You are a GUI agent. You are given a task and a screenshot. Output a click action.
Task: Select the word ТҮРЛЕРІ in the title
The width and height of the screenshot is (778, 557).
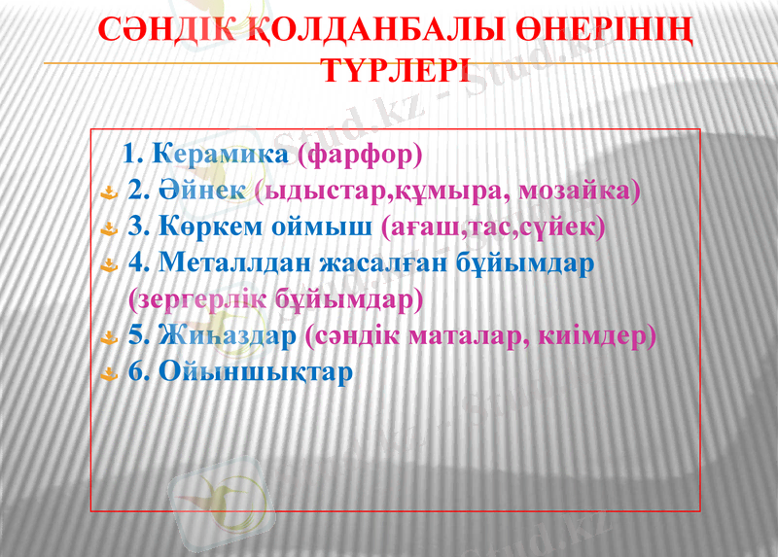click(395, 71)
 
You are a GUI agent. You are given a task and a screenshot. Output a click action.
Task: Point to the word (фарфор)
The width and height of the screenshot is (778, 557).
click(361, 154)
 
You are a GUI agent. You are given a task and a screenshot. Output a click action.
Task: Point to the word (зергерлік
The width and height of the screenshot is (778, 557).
click(196, 299)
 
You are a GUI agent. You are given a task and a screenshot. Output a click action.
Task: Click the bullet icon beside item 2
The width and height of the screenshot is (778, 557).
click(111, 192)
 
